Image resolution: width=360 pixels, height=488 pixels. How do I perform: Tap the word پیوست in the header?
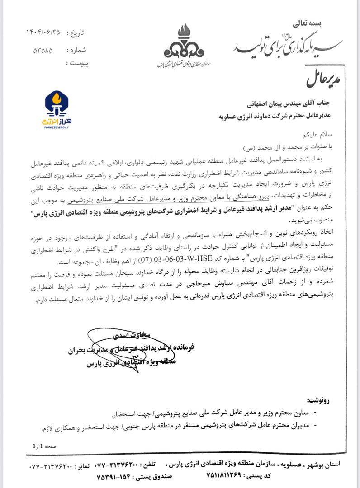(x=77, y=64)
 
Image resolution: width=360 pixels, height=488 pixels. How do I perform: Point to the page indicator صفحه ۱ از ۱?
(x=44, y=446)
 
